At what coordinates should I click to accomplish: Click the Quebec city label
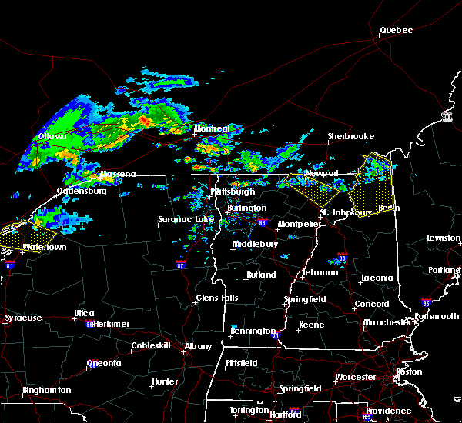pos(397,31)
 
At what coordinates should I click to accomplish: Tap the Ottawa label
pos(52,138)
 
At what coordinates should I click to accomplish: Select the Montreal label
pos(213,128)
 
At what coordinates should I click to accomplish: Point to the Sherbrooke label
pos(350,136)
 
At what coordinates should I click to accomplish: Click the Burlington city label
pos(246,208)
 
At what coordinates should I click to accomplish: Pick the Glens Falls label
pos(217,298)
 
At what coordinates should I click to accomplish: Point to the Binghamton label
pos(46,390)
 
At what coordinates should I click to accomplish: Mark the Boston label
pos(408,371)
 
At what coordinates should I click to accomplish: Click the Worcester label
pos(356,377)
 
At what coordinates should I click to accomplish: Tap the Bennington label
pos(252,331)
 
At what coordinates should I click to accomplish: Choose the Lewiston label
pos(444,238)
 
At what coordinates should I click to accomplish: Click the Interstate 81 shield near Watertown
pos(10,264)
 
